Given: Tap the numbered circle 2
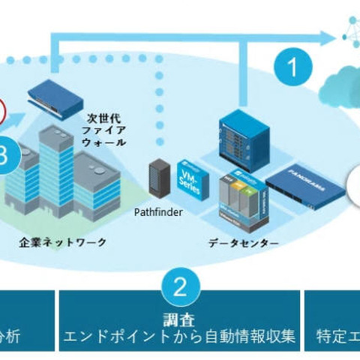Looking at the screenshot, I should pyautogui.click(x=179, y=286).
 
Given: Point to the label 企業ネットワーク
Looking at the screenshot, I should pyautogui.click(x=63, y=242).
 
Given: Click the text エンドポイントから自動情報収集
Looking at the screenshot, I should pyautogui.click(x=179, y=334).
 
